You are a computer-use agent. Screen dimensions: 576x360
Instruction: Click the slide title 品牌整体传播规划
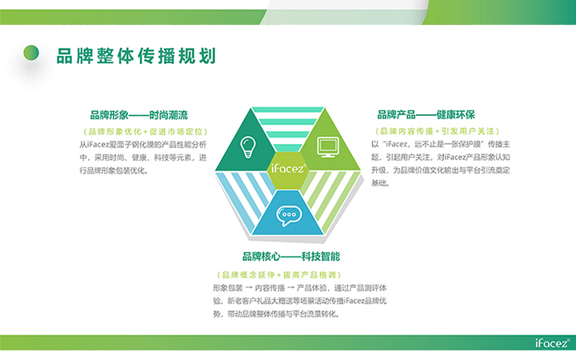coord(136,56)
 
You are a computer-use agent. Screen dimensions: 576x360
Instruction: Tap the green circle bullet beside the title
coord(31,53)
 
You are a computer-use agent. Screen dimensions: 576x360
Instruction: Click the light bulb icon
coord(248,147)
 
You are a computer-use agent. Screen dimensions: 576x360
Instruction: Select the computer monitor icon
coord(328,147)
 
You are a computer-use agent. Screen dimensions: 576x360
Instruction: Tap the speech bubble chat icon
coord(289,216)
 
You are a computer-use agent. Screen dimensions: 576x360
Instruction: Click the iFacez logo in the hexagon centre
coord(288,168)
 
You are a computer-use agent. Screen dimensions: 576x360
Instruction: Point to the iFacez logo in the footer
coord(552,342)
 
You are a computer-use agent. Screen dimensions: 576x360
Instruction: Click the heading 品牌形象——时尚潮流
coord(139,115)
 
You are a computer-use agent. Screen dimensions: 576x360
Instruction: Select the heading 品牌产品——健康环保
coord(426,114)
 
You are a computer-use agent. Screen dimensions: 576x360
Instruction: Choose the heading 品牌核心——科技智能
coord(291,257)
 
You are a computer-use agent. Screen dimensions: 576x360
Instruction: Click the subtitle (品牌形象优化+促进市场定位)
coord(146,131)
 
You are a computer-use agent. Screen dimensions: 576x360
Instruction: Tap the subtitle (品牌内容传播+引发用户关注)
coord(437,131)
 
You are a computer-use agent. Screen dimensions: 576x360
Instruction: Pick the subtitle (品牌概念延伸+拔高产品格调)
coord(279,274)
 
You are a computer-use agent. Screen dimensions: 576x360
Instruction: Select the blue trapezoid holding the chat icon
coord(288,213)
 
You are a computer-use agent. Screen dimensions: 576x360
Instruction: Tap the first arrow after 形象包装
coord(249,288)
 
